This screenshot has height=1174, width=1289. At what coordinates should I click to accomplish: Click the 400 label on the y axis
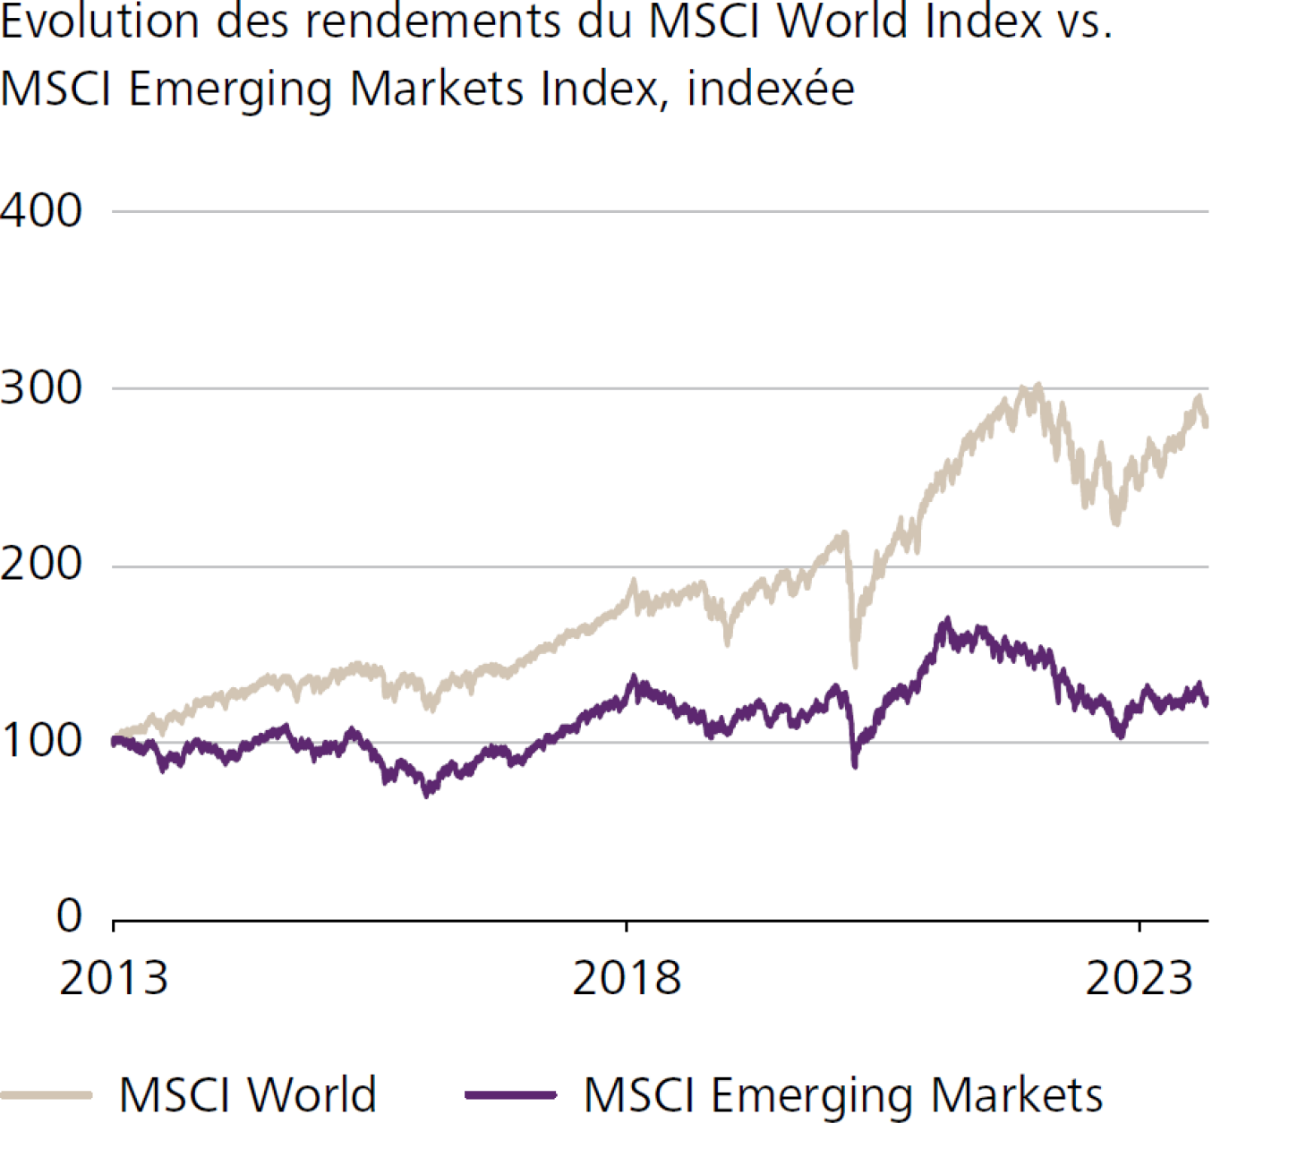pos(41,212)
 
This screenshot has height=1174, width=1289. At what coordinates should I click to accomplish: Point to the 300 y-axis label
pos(41,388)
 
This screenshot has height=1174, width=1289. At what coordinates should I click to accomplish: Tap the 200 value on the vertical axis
pos(41,565)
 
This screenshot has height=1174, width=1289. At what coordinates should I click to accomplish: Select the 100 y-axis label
pos(41,741)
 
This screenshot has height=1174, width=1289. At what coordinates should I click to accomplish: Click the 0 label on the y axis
pos(69,916)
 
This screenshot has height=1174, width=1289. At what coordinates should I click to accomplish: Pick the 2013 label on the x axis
pos(114,978)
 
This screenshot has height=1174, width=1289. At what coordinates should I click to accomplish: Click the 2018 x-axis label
pos(627,978)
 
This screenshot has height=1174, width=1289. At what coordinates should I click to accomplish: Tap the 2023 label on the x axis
pos(1140,978)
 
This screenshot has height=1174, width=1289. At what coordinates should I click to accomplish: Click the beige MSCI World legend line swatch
pos(47,1094)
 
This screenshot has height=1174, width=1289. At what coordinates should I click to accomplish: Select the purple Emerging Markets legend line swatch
pos(511,1094)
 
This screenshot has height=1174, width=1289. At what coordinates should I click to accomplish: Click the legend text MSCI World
pos(248,1094)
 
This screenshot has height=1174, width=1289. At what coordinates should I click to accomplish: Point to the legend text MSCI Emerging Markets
pos(843,1094)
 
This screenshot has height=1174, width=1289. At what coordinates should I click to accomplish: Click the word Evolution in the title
pos(99,21)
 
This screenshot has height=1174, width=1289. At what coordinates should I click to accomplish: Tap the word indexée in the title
pos(771,89)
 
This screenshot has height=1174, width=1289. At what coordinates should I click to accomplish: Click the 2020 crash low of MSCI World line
pos(855,666)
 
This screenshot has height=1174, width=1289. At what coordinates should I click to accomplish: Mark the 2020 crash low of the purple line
pos(855,765)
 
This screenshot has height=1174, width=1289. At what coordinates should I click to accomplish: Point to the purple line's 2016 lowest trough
pos(427,794)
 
